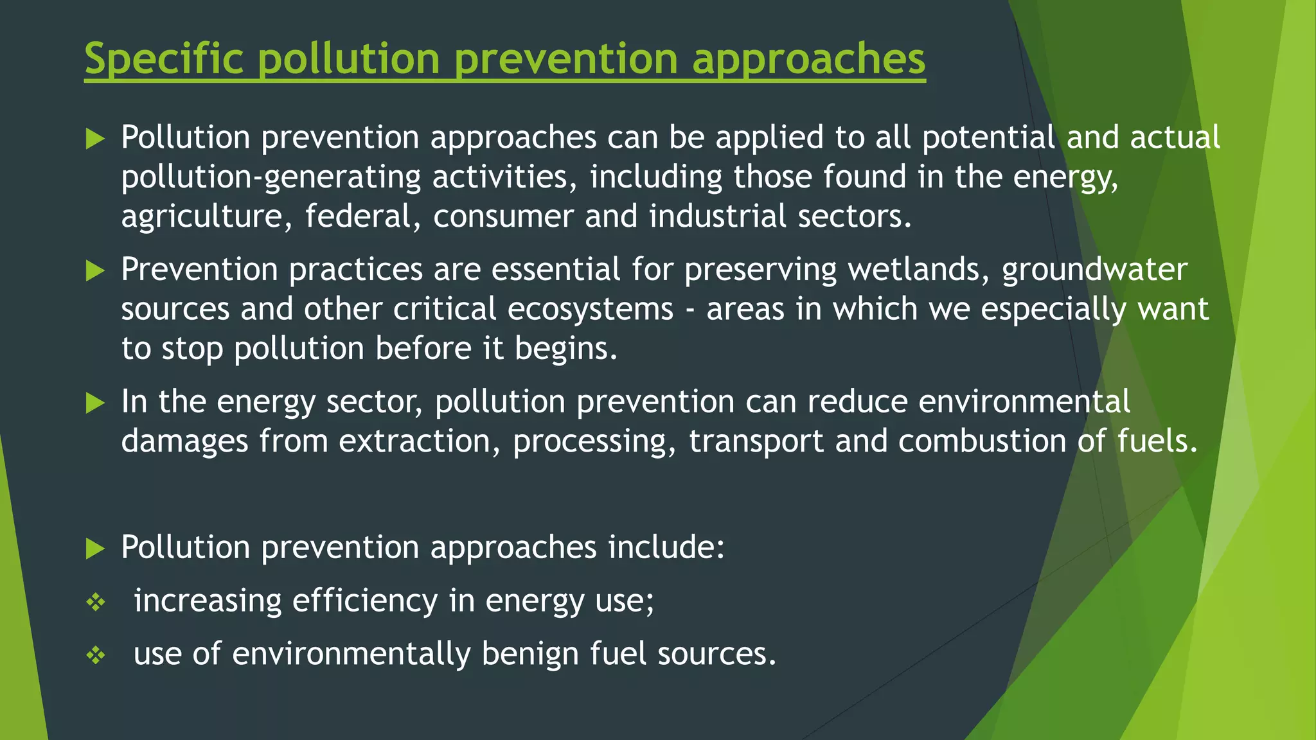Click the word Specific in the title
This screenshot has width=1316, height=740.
[164, 59]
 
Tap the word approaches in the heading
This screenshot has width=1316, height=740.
[808, 59]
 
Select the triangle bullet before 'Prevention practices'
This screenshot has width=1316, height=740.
[95, 270]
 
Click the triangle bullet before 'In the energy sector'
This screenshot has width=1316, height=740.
[95, 403]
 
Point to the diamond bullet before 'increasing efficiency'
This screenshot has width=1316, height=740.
[96, 602]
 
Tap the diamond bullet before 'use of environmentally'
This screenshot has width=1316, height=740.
[96, 655]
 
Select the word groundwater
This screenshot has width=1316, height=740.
[1094, 269]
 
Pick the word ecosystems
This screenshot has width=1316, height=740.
[590, 309]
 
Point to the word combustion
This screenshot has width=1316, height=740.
[982, 441]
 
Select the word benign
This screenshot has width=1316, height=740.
[529, 654]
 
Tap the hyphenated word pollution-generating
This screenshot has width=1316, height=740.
[271, 177]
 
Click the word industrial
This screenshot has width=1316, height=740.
[717, 216]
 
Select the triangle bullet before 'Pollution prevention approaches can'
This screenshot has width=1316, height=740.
[95, 138]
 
